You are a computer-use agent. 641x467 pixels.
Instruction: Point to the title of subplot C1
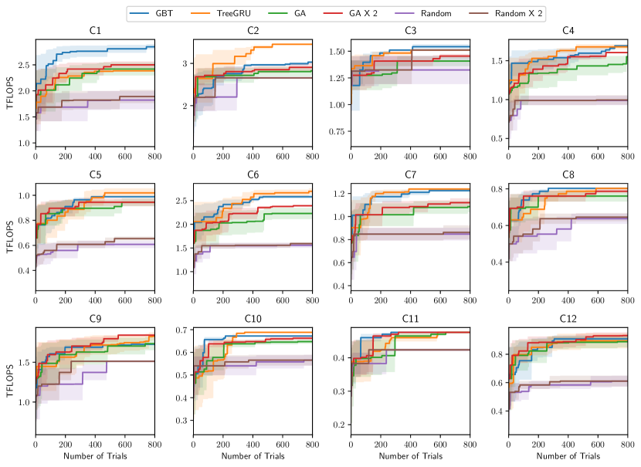click(x=95, y=32)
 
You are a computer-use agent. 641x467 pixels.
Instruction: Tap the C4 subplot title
click(x=568, y=32)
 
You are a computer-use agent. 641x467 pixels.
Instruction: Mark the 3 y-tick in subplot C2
click(x=185, y=63)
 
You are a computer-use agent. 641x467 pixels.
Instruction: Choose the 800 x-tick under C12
click(x=626, y=445)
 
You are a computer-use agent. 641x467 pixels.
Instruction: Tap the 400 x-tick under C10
click(x=253, y=445)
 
